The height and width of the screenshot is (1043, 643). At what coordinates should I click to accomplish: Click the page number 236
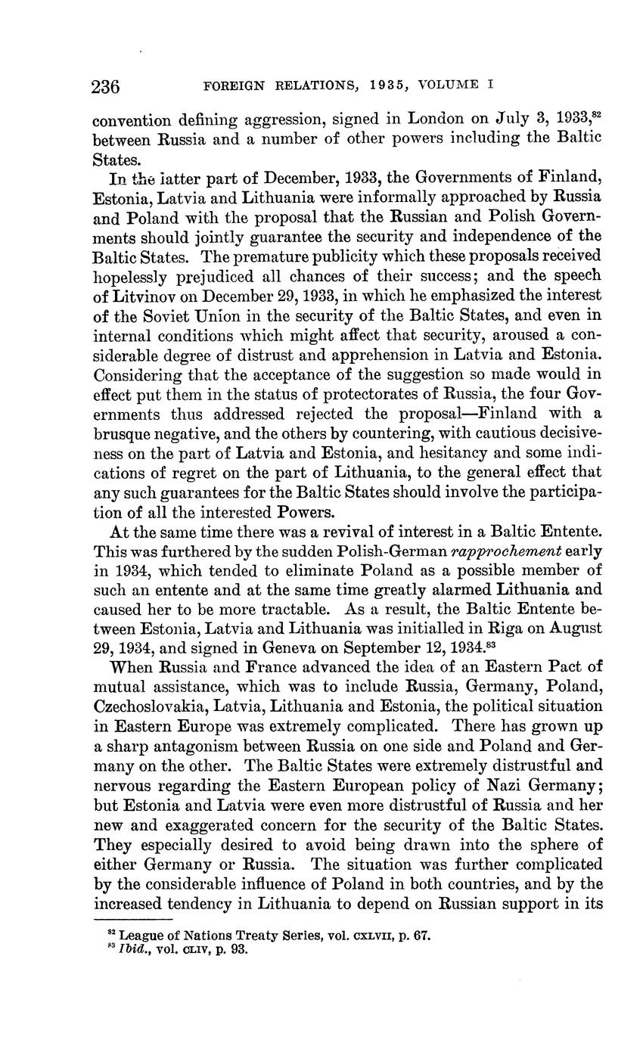coord(106,87)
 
